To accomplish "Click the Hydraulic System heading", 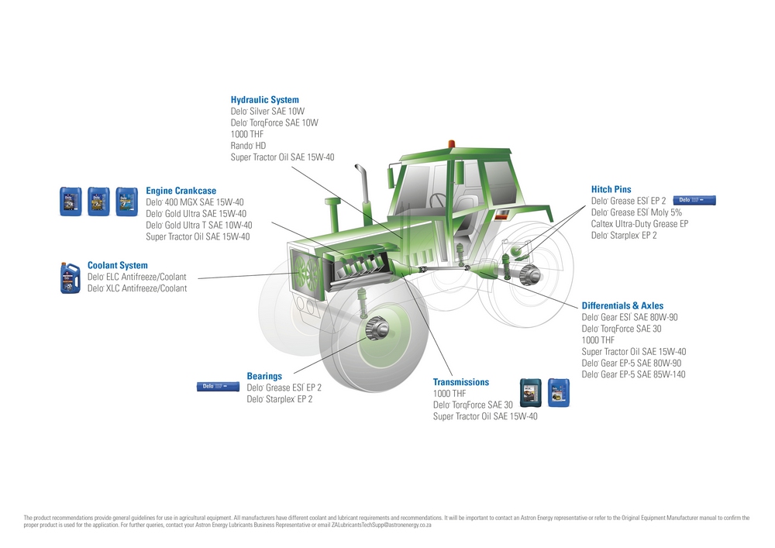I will coord(264,100).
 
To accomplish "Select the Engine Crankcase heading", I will coord(181,191).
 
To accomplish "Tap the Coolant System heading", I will coord(117,265).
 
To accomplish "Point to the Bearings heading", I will coord(264,376).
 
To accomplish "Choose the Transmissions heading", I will coord(460,382).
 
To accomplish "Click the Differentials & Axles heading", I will coord(622,306).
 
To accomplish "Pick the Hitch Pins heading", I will coord(611,189).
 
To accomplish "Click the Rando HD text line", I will coord(248,146).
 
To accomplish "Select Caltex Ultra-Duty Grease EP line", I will coord(639,224).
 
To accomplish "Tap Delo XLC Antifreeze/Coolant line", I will coord(136,288).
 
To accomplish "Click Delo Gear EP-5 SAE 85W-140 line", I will coord(633,375).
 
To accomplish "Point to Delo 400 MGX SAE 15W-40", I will coord(195,202).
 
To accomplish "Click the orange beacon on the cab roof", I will coord(450,144).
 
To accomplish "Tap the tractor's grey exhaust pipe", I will coord(361,183).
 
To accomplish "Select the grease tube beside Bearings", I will coord(217,386).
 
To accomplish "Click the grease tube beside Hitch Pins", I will coord(693,200).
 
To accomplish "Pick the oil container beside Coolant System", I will coord(71,278).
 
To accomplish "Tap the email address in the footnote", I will coord(381,526).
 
